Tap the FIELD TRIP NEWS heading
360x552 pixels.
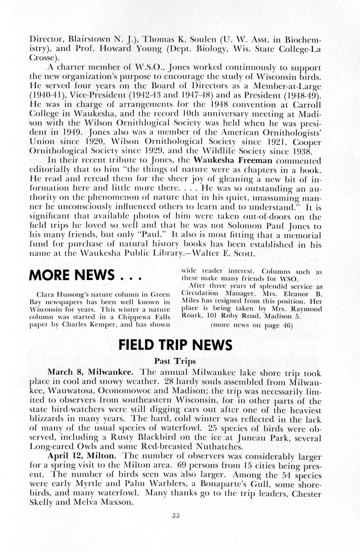click(175, 344)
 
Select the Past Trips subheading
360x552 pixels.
click(175, 361)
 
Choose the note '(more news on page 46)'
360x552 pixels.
click(251, 325)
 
